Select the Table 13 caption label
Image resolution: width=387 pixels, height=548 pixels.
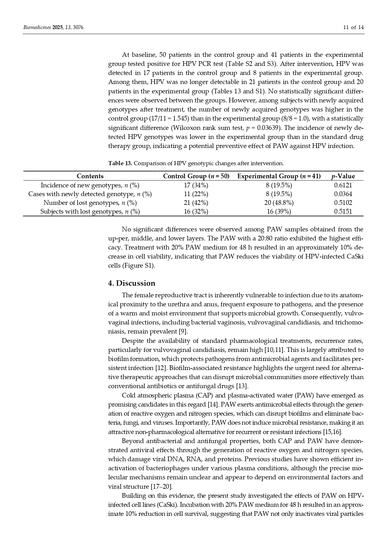point(120,163)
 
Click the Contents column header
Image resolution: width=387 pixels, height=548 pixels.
point(90,176)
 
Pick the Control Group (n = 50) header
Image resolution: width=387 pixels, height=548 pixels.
point(196,176)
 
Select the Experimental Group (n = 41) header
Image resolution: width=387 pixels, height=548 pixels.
point(279,176)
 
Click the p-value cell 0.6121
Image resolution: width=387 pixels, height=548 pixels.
point(343,185)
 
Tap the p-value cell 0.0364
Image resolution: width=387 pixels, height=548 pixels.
point(343,194)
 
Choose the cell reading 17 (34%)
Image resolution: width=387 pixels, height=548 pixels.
point(196,185)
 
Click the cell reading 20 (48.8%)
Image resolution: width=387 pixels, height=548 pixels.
point(279,203)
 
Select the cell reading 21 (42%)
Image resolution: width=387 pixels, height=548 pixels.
point(196,203)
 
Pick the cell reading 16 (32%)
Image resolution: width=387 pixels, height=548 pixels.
point(196,211)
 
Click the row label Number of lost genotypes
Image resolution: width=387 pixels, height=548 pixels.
point(90,203)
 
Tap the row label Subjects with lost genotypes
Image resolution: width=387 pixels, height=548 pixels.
point(90,211)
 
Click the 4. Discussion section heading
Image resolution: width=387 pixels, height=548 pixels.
point(131,283)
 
